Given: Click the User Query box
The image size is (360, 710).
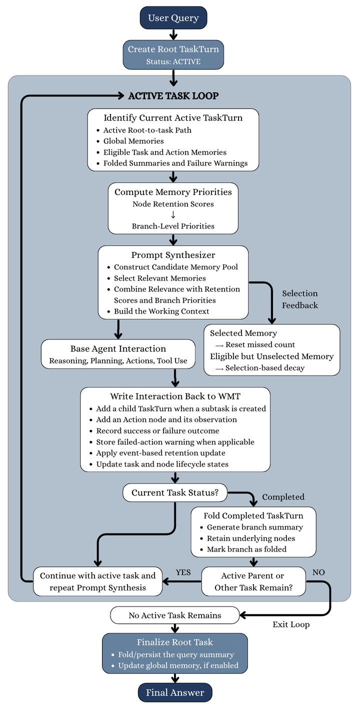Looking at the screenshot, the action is point(173,18).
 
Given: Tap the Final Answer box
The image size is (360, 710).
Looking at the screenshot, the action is point(175,692).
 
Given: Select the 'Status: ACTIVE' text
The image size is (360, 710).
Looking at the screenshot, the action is point(173,61).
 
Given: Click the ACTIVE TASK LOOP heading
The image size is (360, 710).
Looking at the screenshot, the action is point(173,95).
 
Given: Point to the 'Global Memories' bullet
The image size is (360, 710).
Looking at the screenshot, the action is point(133,141).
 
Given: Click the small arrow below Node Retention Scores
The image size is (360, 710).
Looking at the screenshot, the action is point(173,215).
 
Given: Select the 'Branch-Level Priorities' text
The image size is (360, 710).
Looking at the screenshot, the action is point(173,226).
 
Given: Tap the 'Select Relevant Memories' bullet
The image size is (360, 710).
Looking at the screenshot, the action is point(159,278).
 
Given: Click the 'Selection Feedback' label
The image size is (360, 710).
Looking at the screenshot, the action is point(300,299).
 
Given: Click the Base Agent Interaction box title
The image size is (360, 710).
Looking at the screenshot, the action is point(118,348).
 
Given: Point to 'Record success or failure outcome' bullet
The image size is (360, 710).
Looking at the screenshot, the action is point(157,431).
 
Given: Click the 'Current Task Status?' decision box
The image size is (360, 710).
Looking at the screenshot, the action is point(175,492).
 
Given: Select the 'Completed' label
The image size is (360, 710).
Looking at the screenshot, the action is point(283,497).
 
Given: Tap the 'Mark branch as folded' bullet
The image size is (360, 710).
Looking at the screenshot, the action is point(246,549).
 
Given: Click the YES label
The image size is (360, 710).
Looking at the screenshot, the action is point(183,572).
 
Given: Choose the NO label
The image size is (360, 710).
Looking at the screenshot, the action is point(318,572).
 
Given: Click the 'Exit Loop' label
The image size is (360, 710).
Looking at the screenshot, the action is point(291,624).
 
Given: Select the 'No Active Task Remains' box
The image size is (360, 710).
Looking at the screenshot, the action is point(174,615).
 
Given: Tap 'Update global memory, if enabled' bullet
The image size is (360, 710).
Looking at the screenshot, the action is point(178,665).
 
